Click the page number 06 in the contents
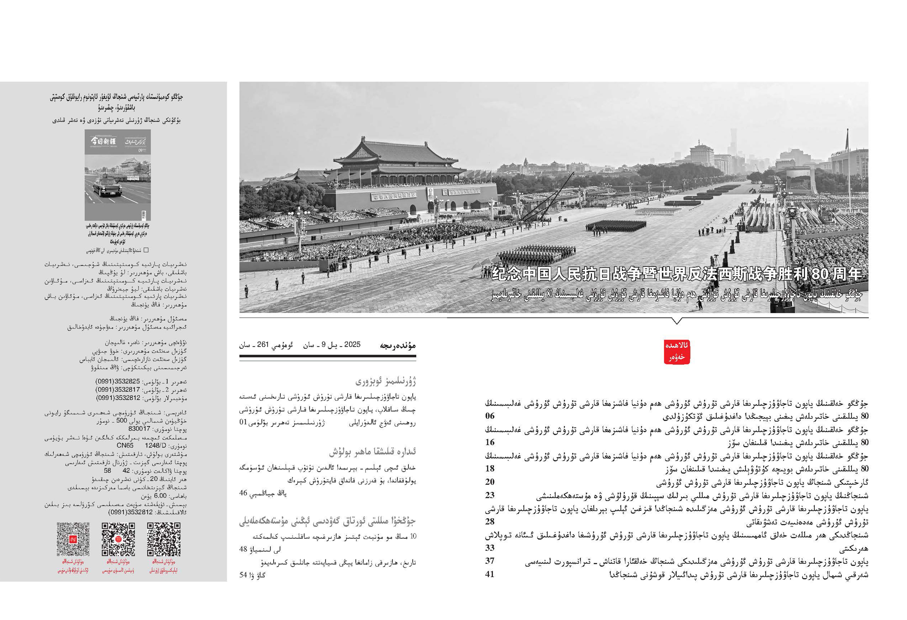[490, 416]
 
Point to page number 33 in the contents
[490, 548]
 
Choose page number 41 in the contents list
[490, 574]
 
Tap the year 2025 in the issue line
[352, 344]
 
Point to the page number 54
[243, 575]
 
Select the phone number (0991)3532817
[118, 390]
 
